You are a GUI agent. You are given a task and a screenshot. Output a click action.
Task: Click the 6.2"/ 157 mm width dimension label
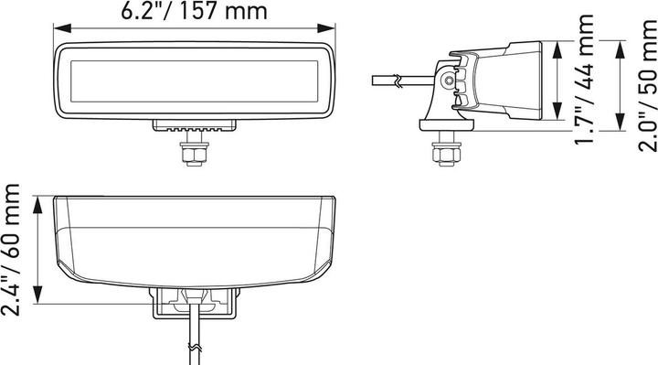click(x=194, y=10)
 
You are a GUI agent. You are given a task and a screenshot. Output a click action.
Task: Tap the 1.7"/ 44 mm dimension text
click(x=584, y=80)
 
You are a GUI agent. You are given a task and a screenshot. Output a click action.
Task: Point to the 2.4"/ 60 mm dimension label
click(x=10, y=250)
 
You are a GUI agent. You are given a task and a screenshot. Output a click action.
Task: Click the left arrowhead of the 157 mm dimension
click(x=62, y=28)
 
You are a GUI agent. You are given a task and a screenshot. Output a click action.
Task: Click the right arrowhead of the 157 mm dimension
click(x=326, y=28)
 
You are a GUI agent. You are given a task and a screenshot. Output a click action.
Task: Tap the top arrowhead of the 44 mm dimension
click(x=557, y=49)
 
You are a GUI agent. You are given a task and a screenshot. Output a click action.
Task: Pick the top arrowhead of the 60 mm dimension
click(x=38, y=205)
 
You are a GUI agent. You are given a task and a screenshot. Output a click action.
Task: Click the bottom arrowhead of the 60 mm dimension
click(x=38, y=295)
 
